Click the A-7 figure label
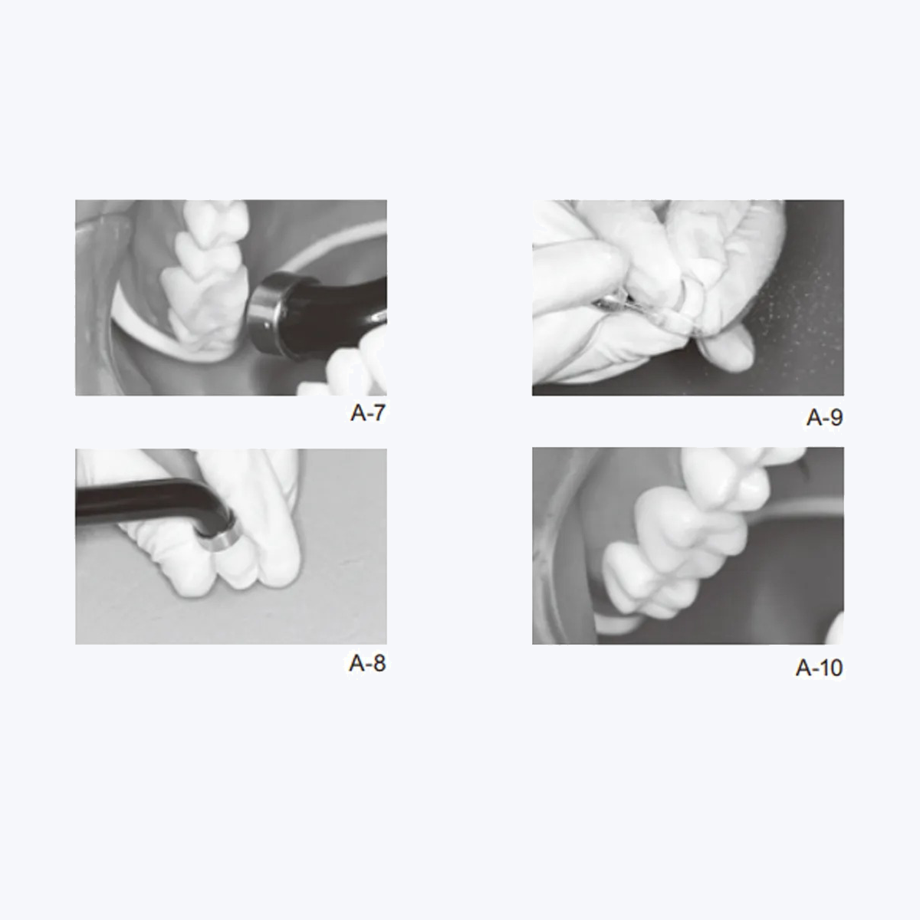[x=367, y=413]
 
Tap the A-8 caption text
[x=367, y=663]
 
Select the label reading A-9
[x=824, y=417]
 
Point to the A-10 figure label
[x=819, y=668]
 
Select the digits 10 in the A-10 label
[x=830, y=668]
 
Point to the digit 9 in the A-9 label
[x=835, y=417]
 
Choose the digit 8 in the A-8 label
[x=377, y=663]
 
